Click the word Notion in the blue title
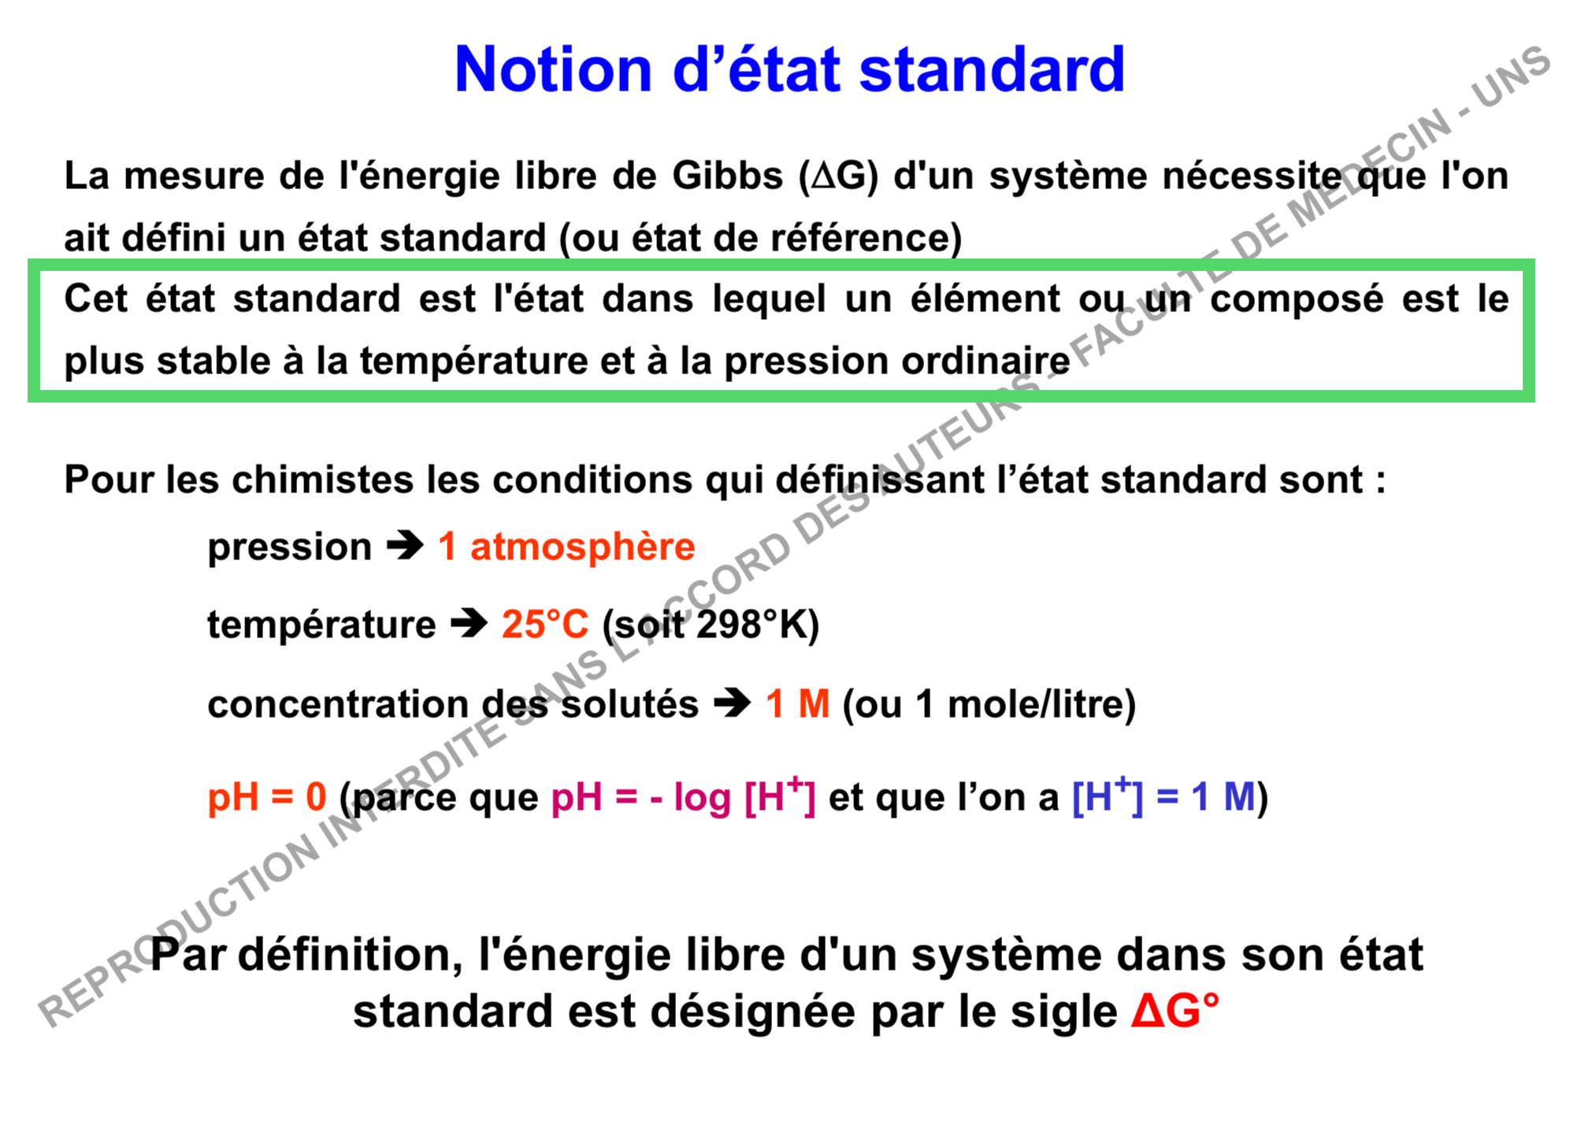(553, 69)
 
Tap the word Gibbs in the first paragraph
(727, 175)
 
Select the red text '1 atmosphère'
(566, 546)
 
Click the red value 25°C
(545, 624)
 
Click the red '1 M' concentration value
(797, 703)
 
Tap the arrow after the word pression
(406, 545)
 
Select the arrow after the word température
(469, 624)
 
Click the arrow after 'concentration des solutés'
(733, 703)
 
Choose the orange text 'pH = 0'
(267, 796)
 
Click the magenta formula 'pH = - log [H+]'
(683, 796)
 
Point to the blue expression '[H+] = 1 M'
(1163, 796)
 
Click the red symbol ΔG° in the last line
(1175, 1011)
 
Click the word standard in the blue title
(991, 69)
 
